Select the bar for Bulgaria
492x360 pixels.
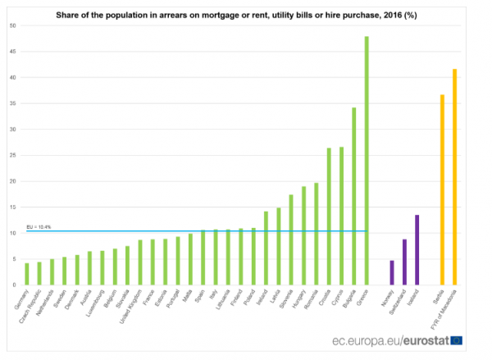(x=353, y=197)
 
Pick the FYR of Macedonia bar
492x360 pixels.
(x=455, y=177)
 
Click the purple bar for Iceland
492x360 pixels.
(x=417, y=250)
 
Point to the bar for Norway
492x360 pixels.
(x=392, y=272)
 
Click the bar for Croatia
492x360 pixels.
(x=329, y=216)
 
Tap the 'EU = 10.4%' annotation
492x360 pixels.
(x=39, y=226)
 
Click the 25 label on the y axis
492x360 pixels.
(x=12, y=155)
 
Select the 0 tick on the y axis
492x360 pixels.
(x=14, y=285)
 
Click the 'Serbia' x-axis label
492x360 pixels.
(x=439, y=298)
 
